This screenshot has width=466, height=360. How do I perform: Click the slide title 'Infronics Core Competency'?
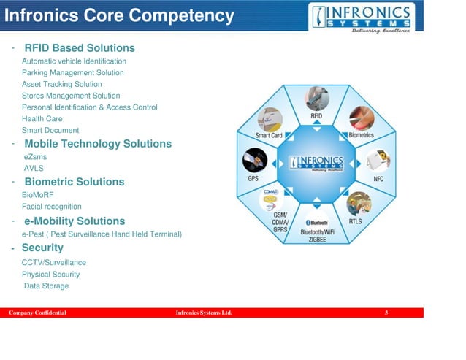click(120, 15)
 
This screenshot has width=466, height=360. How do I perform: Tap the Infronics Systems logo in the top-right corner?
click(362, 18)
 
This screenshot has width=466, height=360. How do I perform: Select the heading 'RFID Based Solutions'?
click(80, 48)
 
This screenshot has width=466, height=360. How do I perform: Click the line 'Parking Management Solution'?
click(72, 73)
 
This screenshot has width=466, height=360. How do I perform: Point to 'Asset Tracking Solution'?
click(61, 85)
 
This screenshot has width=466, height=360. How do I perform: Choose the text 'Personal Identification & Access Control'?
click(89, 107)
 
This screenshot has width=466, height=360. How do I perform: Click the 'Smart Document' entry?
click(50, 131)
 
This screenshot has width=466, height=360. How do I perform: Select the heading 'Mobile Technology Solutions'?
click(98, 144)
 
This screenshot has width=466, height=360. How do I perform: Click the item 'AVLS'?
click(34, 168)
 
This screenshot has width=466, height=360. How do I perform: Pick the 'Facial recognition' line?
click(52, 207)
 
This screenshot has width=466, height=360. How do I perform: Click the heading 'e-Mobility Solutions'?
click(75, 221)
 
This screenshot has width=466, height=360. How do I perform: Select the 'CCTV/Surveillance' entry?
click(54, 262)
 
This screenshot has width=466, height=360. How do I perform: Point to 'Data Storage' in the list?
click(47, 286)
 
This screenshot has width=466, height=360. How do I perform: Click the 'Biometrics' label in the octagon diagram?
click(361, 135)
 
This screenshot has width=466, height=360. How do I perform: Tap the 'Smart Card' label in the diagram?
click(269, 135)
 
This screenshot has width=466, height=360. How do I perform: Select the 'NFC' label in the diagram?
click(378, 179)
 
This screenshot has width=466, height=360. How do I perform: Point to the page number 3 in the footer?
click(386, 313)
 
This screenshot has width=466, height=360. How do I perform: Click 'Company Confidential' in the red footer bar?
click(37, 313)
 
